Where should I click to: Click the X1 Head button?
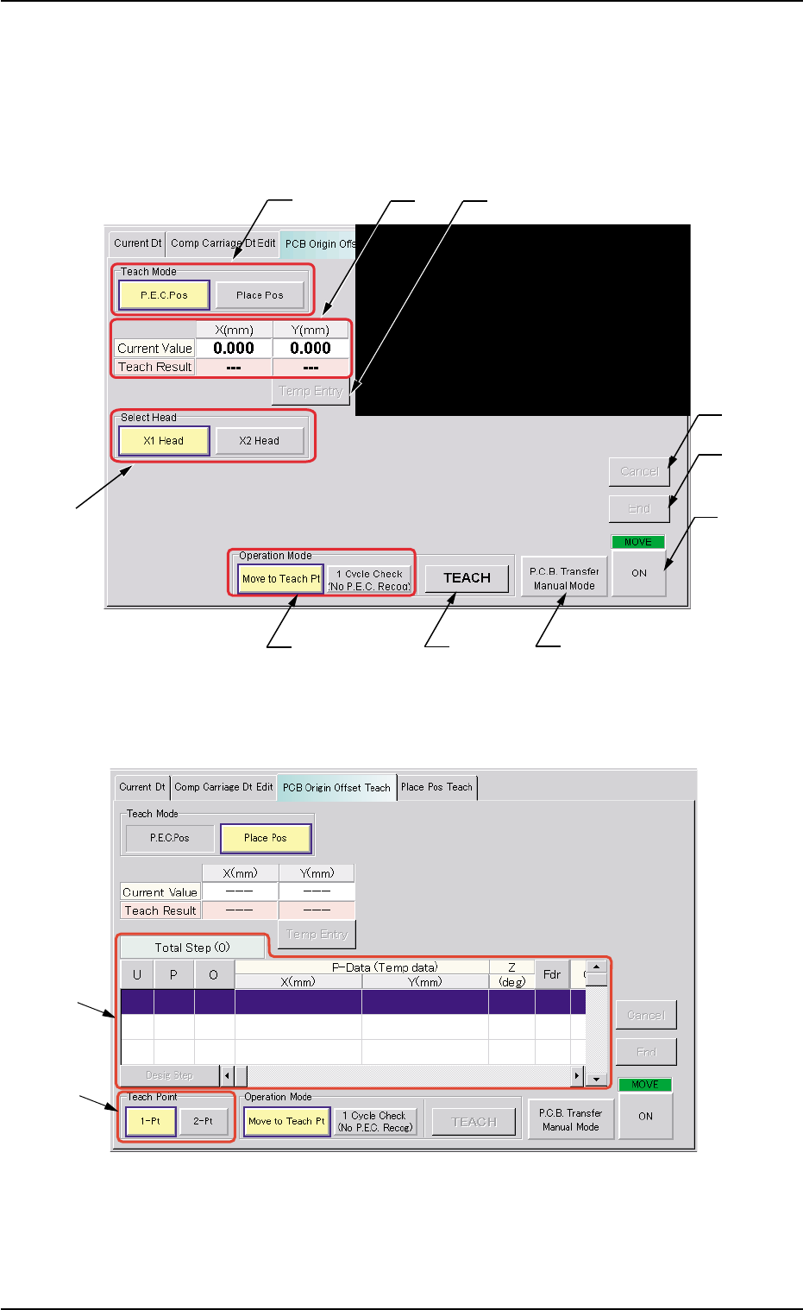pyautogui.click(x=164, y=441)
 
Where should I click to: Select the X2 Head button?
pyautogui.click(x=260, y=441)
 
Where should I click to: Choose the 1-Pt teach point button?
pyautogui.click(x=150, y=1122)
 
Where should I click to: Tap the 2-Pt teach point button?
pyautogui.click(x=204, y=1122)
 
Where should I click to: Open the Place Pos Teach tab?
pyautogui.click(x=436, y=787)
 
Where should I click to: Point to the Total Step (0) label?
pyautogui.click(x=192, y=948)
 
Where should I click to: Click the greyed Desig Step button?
pyautogui.click(x=169, y=1075)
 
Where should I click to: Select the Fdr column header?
pyautogui.click(x=552, y=974)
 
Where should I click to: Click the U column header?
pyautogui.click(x=137, y=974)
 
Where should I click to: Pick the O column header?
pyautogui.click(x=214, y=974)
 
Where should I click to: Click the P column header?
pyautogui.click(x=174, y=974)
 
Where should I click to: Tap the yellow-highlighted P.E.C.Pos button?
pyautogui.click(x=164, y=295)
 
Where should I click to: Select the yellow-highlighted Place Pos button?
pyautogui.click(x=265, y=838)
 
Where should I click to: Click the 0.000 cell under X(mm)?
pyautogui.click(x=234, y=349)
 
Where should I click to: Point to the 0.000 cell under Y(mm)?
pyautogui.click(x=311, y=349)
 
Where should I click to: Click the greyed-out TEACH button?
pyautogui.click(x=474, y=1122)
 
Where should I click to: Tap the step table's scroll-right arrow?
pyautogui.click(x=577, y=1076)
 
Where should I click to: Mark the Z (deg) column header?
pyautogui.click(x=511, y=974)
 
